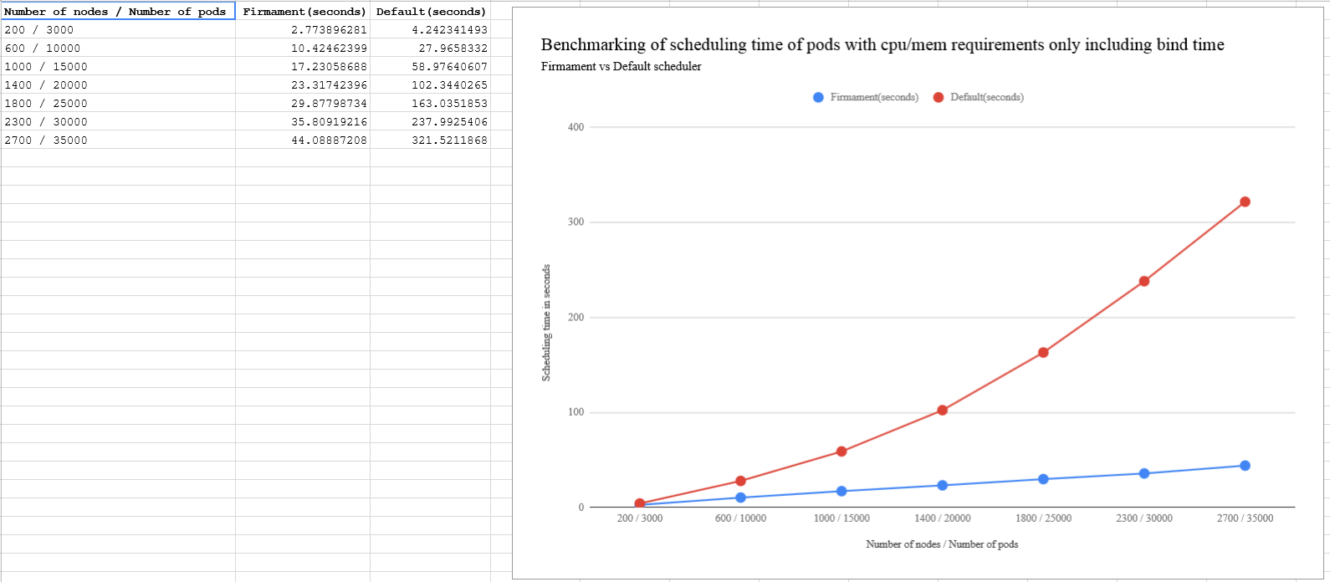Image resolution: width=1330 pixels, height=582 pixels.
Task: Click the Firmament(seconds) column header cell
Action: pyautogui.click(x=303, y=11)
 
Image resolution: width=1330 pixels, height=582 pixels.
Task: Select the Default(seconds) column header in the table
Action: pyautogui.click(x=431, y=11)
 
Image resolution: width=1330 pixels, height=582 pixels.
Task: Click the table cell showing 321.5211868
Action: pyautogui.click(x=431, y=140)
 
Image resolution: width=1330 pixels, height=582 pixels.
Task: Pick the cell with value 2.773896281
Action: pyautogui.click(x=303, y=29)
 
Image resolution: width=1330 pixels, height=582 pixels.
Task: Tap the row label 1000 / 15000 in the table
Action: pyautogui.click(x=46, y=66)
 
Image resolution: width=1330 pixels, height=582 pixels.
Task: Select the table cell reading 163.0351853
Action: pyautogui.click(x=431, y=103)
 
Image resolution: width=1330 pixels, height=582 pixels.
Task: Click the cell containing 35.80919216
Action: pyautogui.click(x=303, y=121)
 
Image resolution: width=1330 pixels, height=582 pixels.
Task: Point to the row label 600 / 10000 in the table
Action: pyautogui.click(x=42, y=48)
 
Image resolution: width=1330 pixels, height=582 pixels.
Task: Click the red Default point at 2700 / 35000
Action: pyautogui.click(x=1245, y=202)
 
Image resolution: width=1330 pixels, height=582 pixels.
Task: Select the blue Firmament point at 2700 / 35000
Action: pyautogui.click(x=1245, y=466)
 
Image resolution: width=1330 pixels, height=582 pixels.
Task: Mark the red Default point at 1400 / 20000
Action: pyautogui.click(x=942, y=410)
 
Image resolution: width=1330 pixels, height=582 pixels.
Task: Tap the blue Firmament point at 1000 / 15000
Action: pyautogui.click(x=841, y=491)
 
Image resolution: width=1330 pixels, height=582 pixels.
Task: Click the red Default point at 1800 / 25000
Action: pyautogui.click(x=1043, y=352)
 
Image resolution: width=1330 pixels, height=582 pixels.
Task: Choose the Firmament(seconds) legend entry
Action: pyautogui.click(x=866, y=97)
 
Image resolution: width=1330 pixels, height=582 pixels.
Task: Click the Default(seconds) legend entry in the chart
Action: pyautogui.click(x=979, y=97)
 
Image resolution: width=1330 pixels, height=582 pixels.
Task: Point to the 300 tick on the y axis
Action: pyautogui.click(x=576, y=222)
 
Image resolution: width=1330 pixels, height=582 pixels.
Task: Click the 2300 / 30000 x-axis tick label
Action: pyautogui.click(x=1144, y=518)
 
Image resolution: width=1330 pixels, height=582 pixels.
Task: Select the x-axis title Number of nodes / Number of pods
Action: pyautogui.click(x=942, y=544)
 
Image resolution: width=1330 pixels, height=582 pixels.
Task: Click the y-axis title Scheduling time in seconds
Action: pyautogui.click(x=546, y=323)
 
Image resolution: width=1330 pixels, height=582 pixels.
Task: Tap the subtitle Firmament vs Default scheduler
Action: pyautogui.click(x=621, y=66)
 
